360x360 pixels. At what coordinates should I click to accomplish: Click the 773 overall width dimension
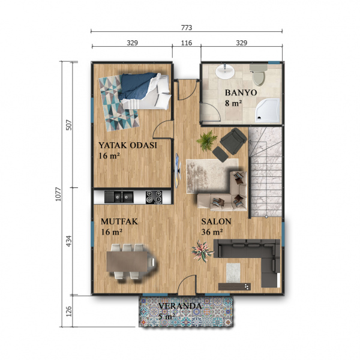coord(187,28)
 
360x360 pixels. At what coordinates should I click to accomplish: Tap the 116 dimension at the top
coord(187,43)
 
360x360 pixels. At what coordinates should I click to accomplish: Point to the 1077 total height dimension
coord(59,194)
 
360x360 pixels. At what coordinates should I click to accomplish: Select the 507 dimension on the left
coord(69,125)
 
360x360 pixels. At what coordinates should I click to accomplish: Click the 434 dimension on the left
coord(69,241)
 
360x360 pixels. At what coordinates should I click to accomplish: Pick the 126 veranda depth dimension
coord(69,311)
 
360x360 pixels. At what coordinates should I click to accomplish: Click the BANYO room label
coord(241,92)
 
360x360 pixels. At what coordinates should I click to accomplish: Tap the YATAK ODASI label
coord(128,145)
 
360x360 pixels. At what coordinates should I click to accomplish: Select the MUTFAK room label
coord(119,221)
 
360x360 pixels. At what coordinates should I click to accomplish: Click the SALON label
coord(216,221)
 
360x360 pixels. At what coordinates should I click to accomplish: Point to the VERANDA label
coord(180,306)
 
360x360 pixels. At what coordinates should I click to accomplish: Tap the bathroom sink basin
coord(225,71)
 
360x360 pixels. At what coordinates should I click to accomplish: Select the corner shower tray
coord(268,110)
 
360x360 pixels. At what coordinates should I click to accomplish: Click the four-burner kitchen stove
coord(154,197)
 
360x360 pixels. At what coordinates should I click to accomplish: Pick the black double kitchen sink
coord(119,197)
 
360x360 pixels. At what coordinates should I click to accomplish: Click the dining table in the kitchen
coord(128,262)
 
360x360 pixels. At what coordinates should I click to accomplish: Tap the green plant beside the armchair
coord(207,140)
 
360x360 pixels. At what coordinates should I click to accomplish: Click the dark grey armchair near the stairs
coord(233,141)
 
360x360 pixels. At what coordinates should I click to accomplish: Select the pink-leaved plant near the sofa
coord(202,251)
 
